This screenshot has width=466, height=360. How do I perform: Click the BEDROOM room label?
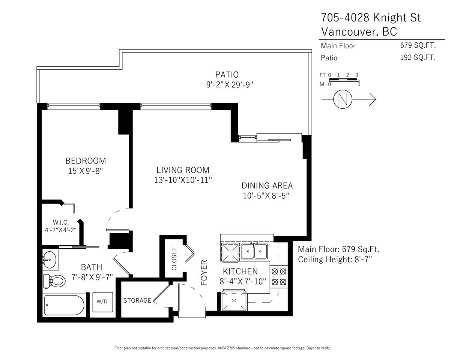pos(86,161)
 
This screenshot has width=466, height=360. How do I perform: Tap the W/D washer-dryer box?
pos(102,302)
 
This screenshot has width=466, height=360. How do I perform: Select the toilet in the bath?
pos(54,281)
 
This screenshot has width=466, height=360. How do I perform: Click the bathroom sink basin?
pos(50,260)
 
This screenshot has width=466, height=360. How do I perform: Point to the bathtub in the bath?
pos(64,305)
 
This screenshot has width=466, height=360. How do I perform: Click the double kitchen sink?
pos(254,251)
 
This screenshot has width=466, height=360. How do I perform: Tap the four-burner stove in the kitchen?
pos(279,277)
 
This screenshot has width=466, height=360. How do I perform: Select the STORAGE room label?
pos(137,300)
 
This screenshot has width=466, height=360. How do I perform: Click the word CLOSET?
pos(174,259)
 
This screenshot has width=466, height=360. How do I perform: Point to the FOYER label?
pos(204,273)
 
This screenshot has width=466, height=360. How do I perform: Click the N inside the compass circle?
pos(343,99)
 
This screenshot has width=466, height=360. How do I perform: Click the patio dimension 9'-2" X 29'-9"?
pos(230,85)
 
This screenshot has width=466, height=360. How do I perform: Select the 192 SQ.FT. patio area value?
pos(418,57)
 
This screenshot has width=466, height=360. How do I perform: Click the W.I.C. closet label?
pos(61,222)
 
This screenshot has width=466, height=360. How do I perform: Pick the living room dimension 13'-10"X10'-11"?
pos(183,180)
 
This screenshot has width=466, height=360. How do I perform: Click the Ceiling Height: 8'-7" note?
pos(335,259)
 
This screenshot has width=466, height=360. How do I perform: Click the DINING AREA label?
pos(267,186)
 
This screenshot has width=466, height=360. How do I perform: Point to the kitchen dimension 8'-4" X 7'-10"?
pos(243,281)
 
